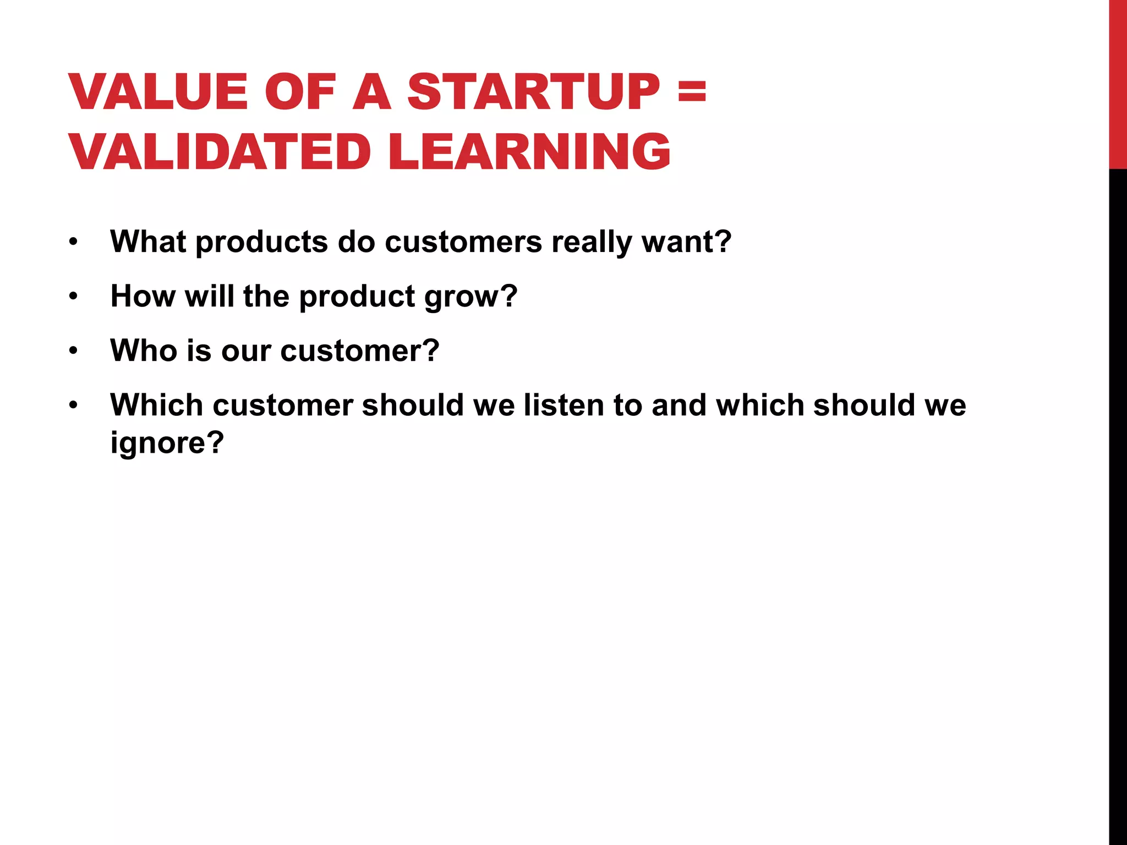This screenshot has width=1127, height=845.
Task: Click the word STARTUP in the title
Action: pyautogui.click(x=533, y=92)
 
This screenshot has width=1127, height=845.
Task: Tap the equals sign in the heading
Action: pyautogui.click(x=692, y=92)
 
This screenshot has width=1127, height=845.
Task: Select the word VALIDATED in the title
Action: pyautogui.click(x=220, y=152)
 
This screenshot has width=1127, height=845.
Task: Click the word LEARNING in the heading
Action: pyautogui.click(x=529, y=152)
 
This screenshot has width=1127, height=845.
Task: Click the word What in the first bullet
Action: pyautogui.click(x=147, y=242)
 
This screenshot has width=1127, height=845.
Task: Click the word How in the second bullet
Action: pyautogui.click(x=143, y=296)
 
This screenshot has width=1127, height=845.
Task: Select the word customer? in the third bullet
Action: pyautogui.click(x=359, y=350)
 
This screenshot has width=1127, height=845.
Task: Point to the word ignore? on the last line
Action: pyautogui.click(x=167, y=443)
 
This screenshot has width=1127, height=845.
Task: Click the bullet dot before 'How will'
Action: pyautogui.click(x=74, y=297)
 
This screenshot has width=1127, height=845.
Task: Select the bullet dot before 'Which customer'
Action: pyautogui.click(x=74, y=405)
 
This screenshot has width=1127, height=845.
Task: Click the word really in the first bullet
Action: pyautogui.click(x=592, y=243)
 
